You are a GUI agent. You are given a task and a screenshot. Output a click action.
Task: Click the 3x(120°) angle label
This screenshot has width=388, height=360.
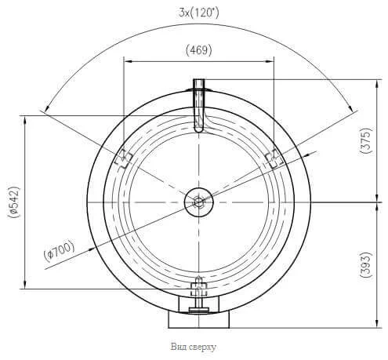(x=198, y=13)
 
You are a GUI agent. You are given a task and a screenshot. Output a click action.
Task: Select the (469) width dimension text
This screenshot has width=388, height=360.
(x=199, y=50)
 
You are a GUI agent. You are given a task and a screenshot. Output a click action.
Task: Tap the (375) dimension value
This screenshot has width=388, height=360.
(x=365, y=140)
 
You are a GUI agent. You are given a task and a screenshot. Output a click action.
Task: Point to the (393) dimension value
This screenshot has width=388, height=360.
(x=365, y=264)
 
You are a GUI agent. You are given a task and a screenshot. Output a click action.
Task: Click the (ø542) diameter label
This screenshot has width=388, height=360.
(x=13, y=202)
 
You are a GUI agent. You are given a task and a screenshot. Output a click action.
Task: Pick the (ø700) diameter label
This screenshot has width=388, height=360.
(x=60, y=251)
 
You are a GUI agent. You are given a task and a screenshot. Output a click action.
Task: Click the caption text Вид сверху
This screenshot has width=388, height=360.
(x=194, y=347)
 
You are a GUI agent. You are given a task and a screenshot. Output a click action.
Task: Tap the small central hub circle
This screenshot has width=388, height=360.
(x=199, y=202)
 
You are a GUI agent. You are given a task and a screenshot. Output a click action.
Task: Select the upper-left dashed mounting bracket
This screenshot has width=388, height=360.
(x=123, y=158)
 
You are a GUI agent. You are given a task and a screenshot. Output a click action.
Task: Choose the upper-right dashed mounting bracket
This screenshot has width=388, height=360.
(x=274, y=158)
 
